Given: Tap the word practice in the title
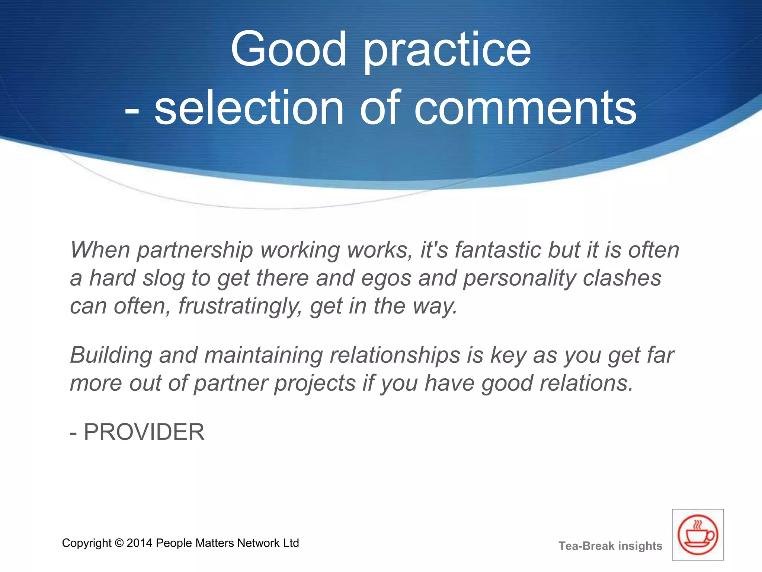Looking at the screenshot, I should click(447, 52).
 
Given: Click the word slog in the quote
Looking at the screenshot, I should click(163, 279).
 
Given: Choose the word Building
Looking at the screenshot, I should click(111, 356).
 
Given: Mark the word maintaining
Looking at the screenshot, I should click(263, 356).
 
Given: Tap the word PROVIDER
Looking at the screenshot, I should click(144, 432).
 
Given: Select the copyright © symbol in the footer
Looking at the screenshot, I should click(119, 543).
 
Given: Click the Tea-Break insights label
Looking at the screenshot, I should click(610, 546).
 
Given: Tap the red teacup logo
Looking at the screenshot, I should click(698, 535).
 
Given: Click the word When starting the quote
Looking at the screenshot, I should click(100, 250).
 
